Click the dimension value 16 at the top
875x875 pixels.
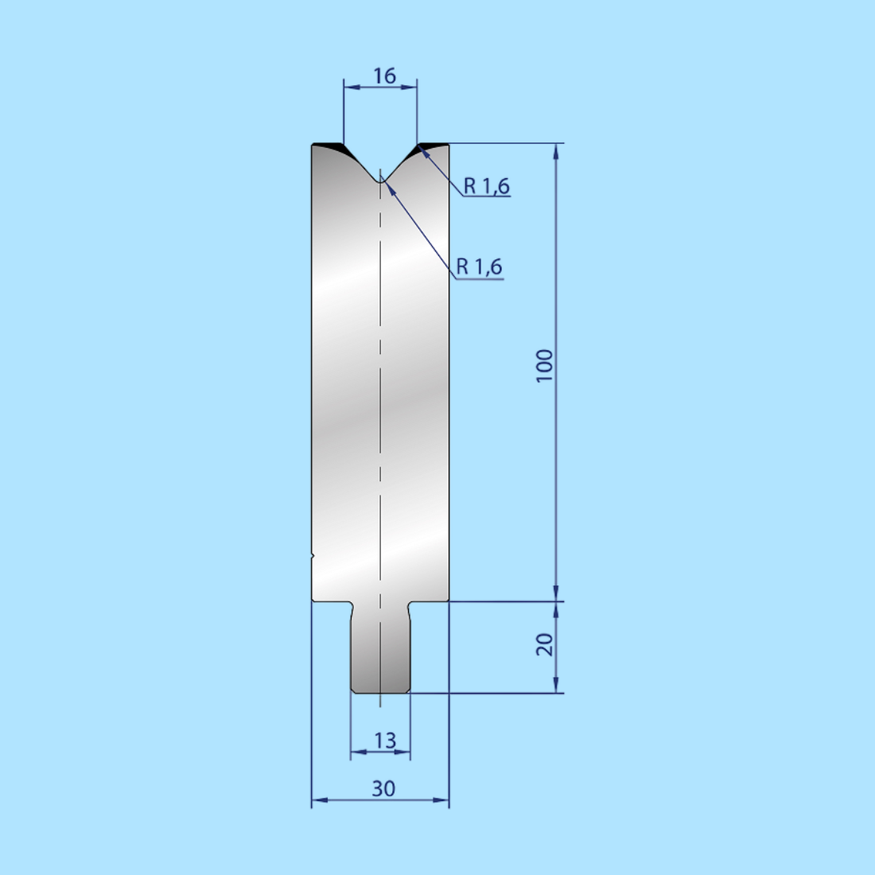click(x=384, y=76)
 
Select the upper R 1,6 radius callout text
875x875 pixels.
click(x=487, y=186)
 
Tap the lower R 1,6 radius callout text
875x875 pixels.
click(x=479, y=266)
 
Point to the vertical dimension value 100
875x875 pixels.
click(x=545, y=366)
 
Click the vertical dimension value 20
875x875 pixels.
click(x=545, y=644)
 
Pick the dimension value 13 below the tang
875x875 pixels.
click(x=384, y=741)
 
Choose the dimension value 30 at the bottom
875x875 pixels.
click(x=383, y=788)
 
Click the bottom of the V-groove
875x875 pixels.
click(x=380, y=181)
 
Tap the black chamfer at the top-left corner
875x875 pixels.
click(x=330, y=148)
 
